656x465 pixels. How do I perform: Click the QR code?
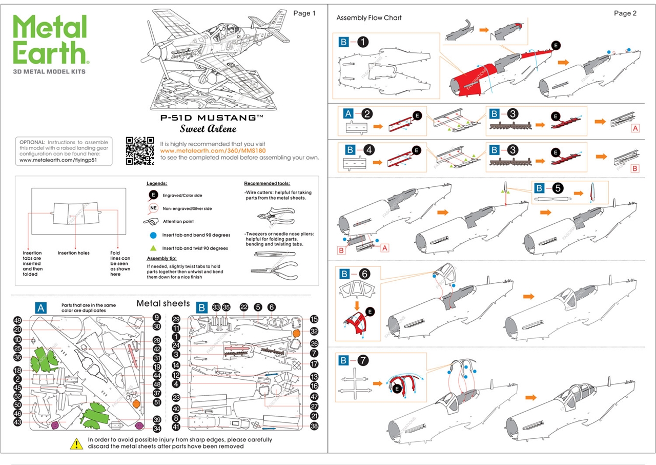point(140,151)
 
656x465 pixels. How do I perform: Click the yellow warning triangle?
point(76,443)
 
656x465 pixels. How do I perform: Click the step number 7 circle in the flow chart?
point(363,361)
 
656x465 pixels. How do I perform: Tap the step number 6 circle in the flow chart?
point(363,274)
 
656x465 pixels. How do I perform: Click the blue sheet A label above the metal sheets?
point(41,307)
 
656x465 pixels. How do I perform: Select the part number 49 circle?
point(18,320)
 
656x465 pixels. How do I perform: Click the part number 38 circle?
point(314,426)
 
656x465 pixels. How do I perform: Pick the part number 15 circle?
point(314,319)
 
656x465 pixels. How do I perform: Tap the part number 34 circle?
point(157,429)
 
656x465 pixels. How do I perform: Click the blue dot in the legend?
point(152,235)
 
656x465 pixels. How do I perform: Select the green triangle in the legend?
point(152,248)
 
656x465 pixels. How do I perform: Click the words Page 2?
point(625,13)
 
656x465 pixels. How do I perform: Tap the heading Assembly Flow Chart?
point(369,18)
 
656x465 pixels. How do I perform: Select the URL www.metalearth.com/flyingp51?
point(58,160)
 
